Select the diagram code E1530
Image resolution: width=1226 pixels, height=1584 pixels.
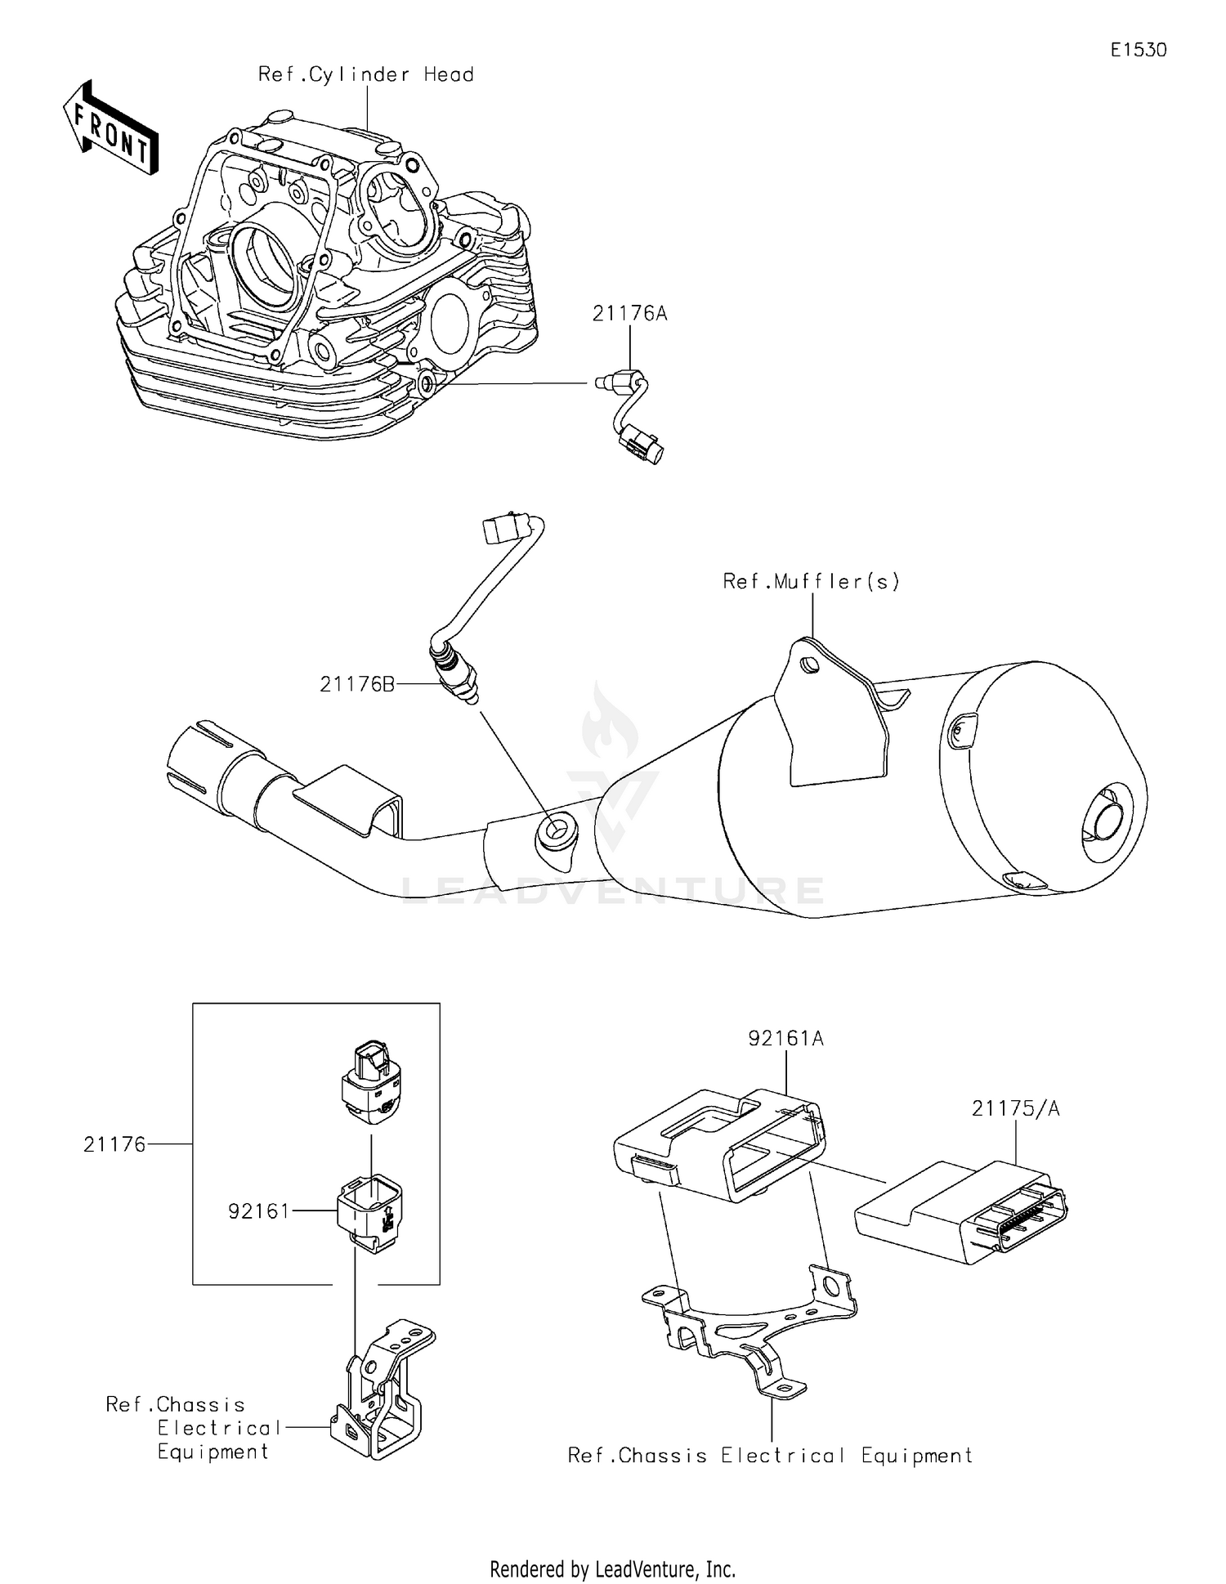(x=1138, y=50)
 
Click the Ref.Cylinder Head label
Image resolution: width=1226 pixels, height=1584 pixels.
(x=365, y=74)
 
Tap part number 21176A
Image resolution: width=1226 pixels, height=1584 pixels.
(x=629, y=313)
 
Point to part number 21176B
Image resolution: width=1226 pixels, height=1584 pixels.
(x=356, y=684)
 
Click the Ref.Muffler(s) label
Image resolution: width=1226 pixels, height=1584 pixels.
(x=811, y=581)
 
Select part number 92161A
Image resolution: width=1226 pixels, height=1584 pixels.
(x=785, y=1038)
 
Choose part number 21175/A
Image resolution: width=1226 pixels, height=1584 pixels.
(x=1015, y=1108)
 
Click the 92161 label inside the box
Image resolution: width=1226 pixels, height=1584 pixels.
(x=259, y=1210)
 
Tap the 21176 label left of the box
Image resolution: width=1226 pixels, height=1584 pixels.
(x=114, y=1144)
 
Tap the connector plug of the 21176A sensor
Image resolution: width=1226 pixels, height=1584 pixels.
(x=642, y=442)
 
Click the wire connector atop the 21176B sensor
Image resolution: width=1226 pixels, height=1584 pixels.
(x=503, y=528)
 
